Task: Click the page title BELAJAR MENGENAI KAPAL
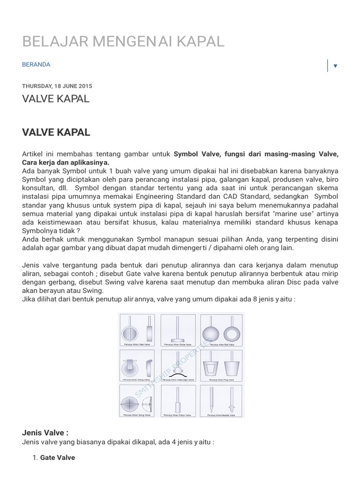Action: (x=123, y=41)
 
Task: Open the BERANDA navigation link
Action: (x=36, y=65)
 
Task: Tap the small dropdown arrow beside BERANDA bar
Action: (x=335, y=66)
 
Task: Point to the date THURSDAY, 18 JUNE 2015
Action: (x=57, y=86)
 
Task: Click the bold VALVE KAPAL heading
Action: (x=56, y=132)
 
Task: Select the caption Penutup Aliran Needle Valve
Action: (x=222, y=415)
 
